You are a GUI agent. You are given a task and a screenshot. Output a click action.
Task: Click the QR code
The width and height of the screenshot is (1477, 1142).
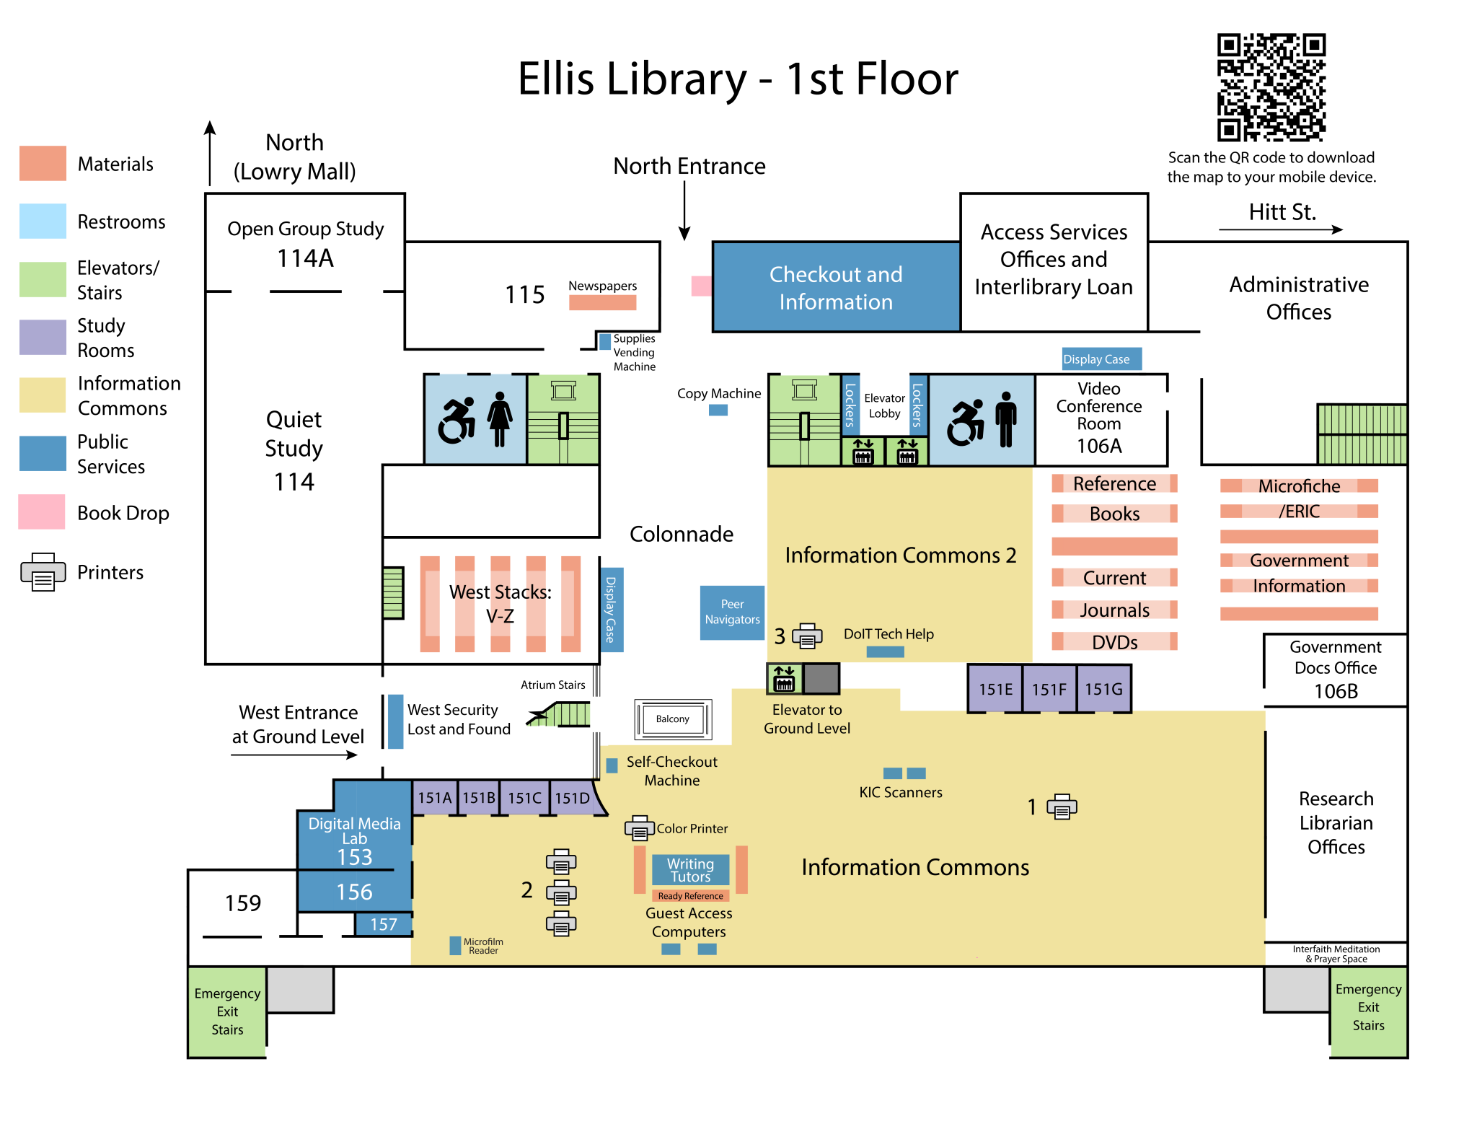click(1271, 87)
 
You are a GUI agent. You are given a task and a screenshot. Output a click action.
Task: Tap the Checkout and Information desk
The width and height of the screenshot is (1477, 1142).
click(836, 287)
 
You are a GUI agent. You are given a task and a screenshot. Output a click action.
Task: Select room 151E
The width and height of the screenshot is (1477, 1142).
click(995, 690)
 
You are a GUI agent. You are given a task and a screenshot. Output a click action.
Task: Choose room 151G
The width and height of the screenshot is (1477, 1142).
click(1103, 690)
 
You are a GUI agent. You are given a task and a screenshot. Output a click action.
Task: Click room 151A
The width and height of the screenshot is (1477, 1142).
click(434, 798)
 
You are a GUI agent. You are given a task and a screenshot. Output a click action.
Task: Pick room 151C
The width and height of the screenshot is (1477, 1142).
click(524, 798)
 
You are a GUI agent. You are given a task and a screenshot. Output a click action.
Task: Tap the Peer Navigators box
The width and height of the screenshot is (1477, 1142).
click(732, 612)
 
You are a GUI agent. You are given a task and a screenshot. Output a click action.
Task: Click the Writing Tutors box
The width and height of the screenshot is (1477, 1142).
click(690, 870)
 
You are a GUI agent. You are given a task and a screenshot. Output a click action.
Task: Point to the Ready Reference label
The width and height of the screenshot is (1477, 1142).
click(690, 896)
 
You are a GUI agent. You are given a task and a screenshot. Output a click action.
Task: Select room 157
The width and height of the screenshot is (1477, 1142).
click(384, 924)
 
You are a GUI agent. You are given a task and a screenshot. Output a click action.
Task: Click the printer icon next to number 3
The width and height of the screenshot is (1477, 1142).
click(807, 636)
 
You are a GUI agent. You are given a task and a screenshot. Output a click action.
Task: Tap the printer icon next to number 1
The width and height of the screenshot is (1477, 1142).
click(1062, 807)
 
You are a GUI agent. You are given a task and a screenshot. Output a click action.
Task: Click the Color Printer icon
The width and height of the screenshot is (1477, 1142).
click(639, 828)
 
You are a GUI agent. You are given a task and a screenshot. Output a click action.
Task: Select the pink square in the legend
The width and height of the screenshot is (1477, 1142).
click(42, 511)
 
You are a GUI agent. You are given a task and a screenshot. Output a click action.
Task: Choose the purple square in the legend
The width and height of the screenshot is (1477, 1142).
click(43, 337)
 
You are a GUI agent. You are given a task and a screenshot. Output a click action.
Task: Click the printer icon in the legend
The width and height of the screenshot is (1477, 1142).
click(43, 572)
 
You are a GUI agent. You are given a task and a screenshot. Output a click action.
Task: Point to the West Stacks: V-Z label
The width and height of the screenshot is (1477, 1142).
click(500, 604)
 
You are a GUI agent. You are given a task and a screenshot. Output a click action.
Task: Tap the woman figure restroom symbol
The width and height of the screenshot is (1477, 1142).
click(500, 419)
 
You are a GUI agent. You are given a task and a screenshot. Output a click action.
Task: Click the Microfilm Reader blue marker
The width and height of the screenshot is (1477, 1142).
click(455, 946)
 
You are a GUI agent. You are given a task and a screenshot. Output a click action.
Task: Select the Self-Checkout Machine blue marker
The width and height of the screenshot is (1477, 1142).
click(612, 765)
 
